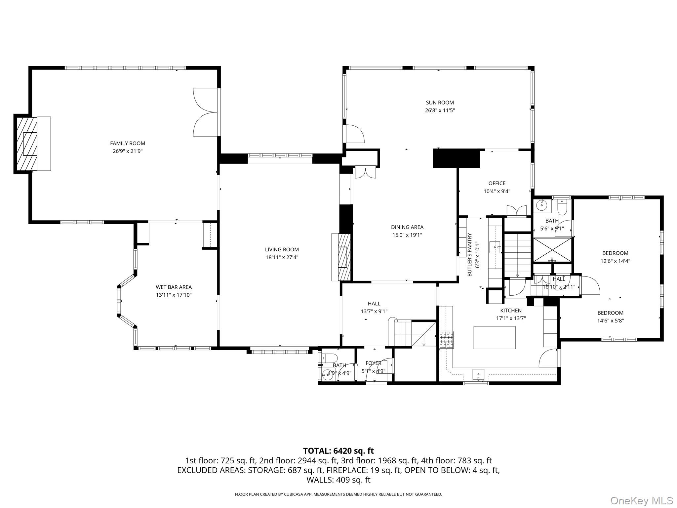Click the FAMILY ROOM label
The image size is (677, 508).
[128, 143]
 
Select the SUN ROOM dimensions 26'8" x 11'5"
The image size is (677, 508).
[440, 110]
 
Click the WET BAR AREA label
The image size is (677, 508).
[174, 287]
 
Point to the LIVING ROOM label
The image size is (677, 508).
[282, 250]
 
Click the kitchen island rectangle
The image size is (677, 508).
[494, 337]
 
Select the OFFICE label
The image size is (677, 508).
[497, 183]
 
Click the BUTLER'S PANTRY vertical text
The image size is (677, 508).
[469, 255]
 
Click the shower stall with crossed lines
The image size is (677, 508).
[552, 250]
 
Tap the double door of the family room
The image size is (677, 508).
[206, 112]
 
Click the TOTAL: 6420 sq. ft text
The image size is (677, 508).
[338, 451]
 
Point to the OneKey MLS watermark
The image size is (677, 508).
[641, 500]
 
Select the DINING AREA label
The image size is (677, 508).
[407, 227]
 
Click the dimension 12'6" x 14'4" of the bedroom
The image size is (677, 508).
[615, 261]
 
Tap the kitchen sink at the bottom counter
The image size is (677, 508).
[478, 375]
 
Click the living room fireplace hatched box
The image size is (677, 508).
[344, 257]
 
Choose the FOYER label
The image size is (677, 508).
[373, 363]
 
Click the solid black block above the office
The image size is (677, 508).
[456, 158]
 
